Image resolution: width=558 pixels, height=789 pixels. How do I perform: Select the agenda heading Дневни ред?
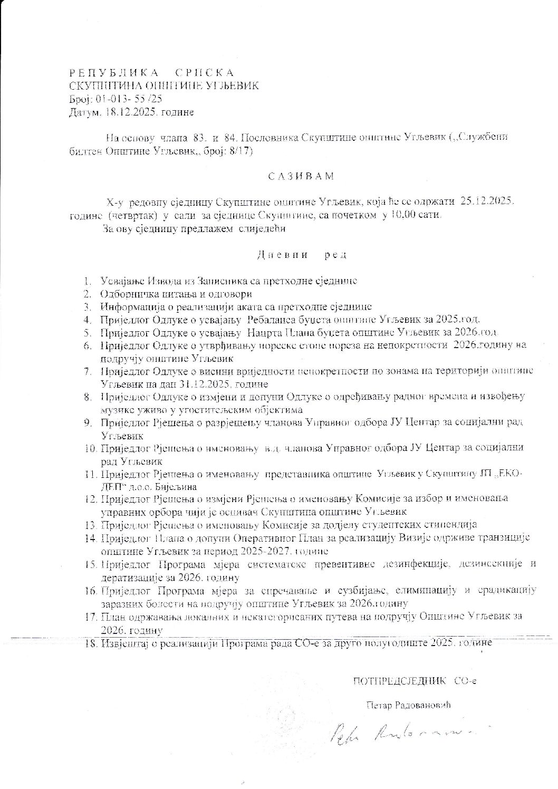pos(301,255)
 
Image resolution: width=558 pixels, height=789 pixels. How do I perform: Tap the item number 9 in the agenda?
pos(89,423)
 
